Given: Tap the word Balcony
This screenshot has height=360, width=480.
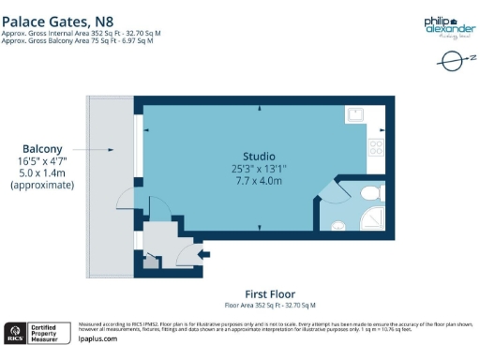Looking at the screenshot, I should pos(42,148).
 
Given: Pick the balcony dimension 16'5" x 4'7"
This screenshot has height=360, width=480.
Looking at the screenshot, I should pos(42,160).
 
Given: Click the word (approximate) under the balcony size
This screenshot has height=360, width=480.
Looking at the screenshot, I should pos(42,186).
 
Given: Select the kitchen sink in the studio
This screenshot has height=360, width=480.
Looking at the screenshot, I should pos(357,115).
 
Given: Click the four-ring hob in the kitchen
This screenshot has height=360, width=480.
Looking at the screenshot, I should pos(375,147).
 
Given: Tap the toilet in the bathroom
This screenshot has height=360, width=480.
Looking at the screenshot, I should pos(370,193).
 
